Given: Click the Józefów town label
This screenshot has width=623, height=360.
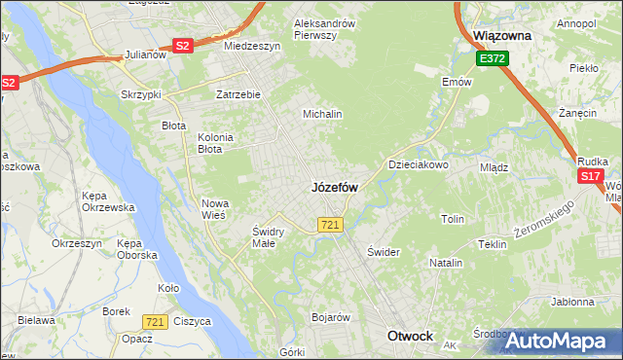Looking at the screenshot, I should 335,187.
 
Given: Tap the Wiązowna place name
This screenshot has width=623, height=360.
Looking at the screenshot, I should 500,35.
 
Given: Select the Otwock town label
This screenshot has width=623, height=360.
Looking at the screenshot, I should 410,336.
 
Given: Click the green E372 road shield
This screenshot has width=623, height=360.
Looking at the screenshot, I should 492,59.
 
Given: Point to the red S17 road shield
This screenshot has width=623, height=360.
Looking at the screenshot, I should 590,176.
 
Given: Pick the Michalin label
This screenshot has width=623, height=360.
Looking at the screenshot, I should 322,114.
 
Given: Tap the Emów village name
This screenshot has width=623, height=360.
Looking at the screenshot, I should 456,82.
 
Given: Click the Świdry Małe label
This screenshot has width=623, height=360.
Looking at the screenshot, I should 268,236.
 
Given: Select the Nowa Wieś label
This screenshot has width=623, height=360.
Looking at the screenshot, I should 213,209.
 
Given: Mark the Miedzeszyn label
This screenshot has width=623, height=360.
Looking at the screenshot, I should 252,46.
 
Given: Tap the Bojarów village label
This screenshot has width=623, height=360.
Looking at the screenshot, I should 330,317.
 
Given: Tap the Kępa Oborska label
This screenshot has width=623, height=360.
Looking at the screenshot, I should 136,248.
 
